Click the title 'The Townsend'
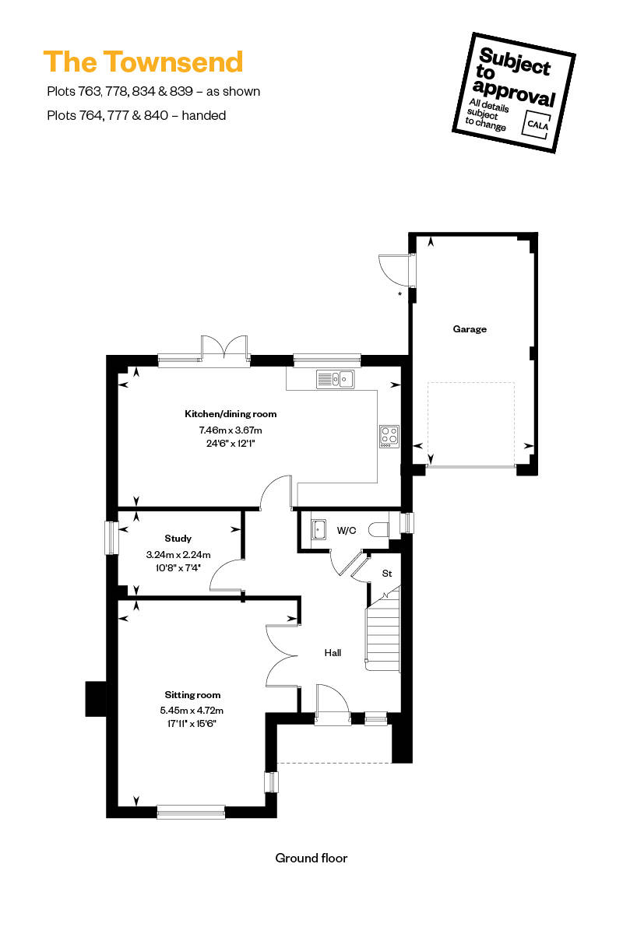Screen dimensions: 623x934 point(143,61)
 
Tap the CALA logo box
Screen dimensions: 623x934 point(537,124)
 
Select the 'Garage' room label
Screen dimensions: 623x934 point(470,329)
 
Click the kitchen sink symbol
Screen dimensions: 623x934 point(335,379)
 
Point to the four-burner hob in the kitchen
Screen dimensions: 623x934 point(389,437)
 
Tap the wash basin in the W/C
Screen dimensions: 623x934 point(319,529)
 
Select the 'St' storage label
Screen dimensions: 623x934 point(387,574)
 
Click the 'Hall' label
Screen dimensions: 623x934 point(333,652)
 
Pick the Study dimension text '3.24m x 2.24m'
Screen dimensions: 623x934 point(178,554)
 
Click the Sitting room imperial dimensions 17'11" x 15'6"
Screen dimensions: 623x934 point(192,723)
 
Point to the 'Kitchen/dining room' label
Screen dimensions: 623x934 point(231,414)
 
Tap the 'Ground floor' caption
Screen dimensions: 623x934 point(311,858)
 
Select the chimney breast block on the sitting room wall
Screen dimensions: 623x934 point(96,698)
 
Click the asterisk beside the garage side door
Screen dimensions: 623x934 point(399,294)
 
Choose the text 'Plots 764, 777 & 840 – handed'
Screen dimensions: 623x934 point(136,115)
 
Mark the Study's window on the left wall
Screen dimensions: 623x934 point(111,538)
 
